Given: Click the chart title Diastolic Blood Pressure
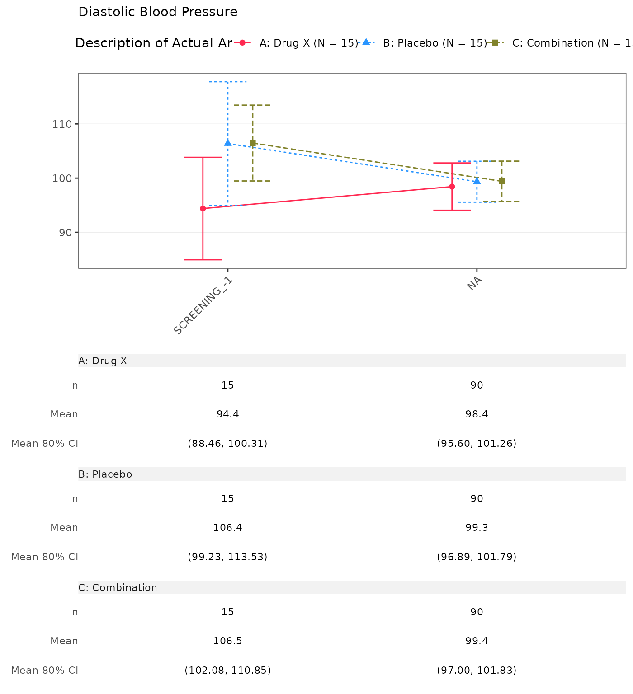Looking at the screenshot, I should pyautogui.click(x=158, y=12).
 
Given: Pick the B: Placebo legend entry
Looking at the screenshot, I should pyautogui.click(x=435, y=43).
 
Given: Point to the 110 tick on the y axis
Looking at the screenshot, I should pyautogui.click(x=63, y=124).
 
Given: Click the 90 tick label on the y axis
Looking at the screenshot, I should pyautogui.click(x=66, y=232).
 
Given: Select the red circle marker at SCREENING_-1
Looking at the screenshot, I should pyautogui.click(x=203, y=208).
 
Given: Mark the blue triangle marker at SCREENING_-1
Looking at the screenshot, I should pyautogui.click(x=228, y=143).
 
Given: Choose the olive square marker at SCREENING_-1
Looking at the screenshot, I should pyautogui.click(x=253, y=143).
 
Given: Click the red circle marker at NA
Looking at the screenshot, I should pyautogui.click(x=452, y=187).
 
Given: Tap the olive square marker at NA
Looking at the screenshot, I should pyautogui.click(x=501, y=181).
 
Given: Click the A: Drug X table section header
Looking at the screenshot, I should pyautogui.click(x=103, y=361).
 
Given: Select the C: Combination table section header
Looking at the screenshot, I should pyautogui.click(x=118, y=587).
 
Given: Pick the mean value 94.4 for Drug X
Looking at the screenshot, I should pyautogui.click(x=228, y=414).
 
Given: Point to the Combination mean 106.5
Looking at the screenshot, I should pyautogui.click(x=228, y=641).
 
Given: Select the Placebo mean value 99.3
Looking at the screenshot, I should pyautogui.click(x=477, y=528).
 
